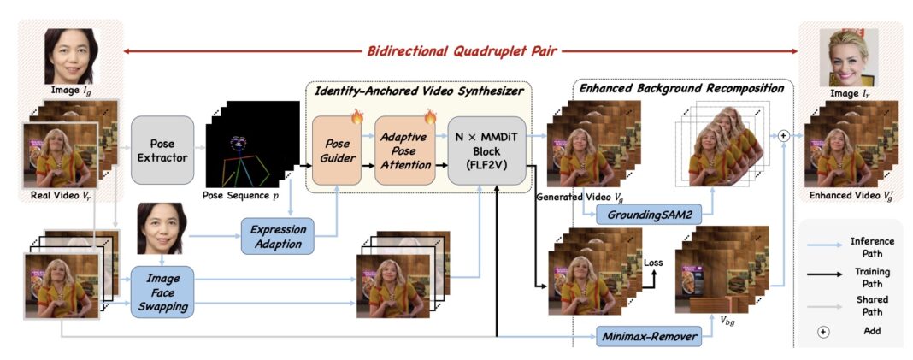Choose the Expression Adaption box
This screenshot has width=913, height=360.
pyautogui.click(x=277, y=236)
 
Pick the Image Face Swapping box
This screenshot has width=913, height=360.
pyautogui.click(x=162, y=292)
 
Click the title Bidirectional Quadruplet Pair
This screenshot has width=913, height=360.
pyautogui.click(x=462, y=51)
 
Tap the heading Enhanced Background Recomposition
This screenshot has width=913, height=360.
pyautogui.click(x=682, y=88)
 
